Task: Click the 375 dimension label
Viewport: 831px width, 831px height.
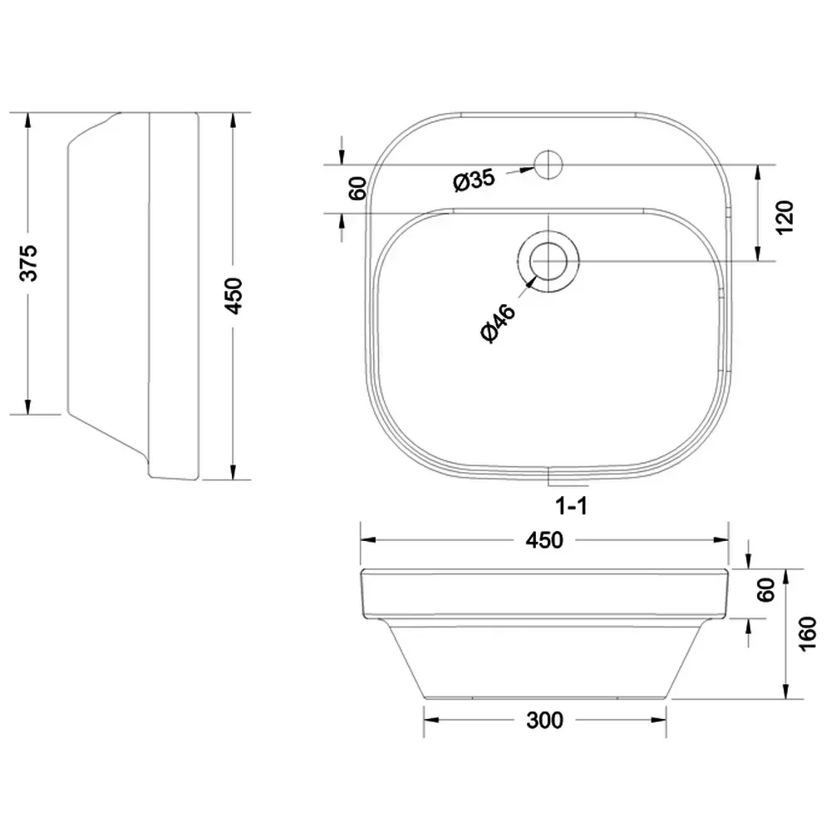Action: point(28,263)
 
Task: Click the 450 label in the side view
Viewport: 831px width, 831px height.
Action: point(234,296)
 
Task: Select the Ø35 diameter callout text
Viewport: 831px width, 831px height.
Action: point(475,180)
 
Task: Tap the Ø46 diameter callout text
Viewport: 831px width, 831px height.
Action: point(498,323)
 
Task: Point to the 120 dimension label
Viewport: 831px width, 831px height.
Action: point(784,217)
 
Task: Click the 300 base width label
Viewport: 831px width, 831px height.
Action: point(545,720)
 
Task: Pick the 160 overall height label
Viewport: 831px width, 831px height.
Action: point(808,634)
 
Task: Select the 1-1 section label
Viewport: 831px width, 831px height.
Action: point(572,506)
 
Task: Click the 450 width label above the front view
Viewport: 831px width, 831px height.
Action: point(544,541)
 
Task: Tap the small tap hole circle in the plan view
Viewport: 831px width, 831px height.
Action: point(548,165)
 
